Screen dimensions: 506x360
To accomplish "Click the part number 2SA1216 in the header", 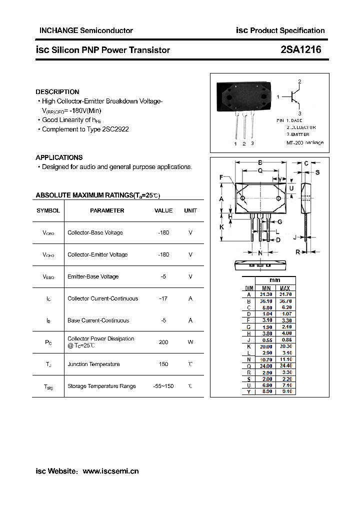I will pos(301,49).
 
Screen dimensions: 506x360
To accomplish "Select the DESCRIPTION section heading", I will pos(57,92).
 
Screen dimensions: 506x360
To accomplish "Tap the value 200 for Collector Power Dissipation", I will pos(163,342).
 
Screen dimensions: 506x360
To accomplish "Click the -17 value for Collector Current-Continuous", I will pos(163,298).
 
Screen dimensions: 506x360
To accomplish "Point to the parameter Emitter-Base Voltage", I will pos(93,276).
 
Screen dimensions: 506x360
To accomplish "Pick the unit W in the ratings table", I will pos(190,342).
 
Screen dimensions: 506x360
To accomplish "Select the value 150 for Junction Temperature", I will pos(163,364).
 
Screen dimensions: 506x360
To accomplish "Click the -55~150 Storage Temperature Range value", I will pos(163,386).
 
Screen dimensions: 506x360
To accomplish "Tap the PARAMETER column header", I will pos(107,210).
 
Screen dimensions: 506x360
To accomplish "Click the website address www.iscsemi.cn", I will pos(110,471).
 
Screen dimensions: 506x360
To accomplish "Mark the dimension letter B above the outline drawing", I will pos(260,162).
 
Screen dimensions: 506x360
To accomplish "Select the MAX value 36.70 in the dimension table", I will pos(284,301).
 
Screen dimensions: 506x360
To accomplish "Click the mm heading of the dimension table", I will pos(275,280).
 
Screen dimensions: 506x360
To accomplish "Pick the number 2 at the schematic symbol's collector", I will pos(299,81).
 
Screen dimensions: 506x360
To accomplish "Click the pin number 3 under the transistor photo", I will pos(252,143).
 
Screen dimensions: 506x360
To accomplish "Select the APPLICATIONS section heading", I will pos(59,157).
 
